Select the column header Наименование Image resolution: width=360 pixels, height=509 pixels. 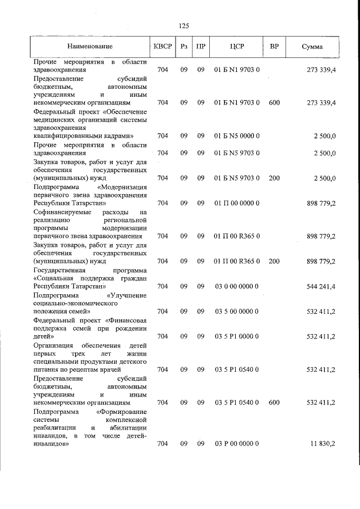(89, 46)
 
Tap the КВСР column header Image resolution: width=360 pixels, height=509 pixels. (162, 46)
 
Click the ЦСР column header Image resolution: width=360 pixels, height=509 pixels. (236, 46)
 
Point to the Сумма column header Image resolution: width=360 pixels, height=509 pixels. (312, 46)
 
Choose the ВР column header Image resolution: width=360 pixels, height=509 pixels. (274, 46)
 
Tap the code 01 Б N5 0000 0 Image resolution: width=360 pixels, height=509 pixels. (236, 136)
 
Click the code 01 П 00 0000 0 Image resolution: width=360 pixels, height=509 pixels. (236, 203)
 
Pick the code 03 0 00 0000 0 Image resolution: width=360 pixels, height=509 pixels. (236, 286)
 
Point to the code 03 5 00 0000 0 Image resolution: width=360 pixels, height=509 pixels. (236, 311)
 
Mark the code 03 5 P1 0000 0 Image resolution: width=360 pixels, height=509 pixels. (236, 336)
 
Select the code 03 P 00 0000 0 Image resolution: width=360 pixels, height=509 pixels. (236, 444)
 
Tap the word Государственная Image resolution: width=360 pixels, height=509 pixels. (60, 270)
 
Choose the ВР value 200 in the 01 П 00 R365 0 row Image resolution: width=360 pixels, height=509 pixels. (274, 261)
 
